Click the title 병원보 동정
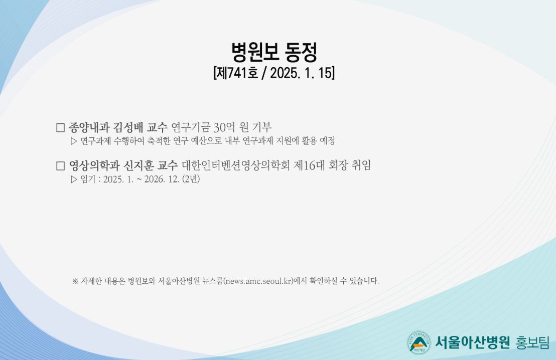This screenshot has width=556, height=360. click(x=274, y=52)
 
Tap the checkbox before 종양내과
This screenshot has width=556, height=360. click(x=61, y=127)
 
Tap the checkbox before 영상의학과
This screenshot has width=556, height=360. click(x=61, y=166)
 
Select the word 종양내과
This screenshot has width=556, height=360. click(x=89, y=127)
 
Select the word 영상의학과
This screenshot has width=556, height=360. click(x=94, y=165)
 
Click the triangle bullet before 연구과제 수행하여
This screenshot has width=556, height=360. click(x=74, y=141)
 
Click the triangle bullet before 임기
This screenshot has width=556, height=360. click(x=74, y=179)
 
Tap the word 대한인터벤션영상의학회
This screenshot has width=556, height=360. click(x=236, y=165)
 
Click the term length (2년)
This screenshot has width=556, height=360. click(x=191, y=179)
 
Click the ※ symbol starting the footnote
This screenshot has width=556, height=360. click(x=75, y=281)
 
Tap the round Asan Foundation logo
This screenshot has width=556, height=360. click(x=419, y=342)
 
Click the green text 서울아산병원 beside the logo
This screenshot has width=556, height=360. click(x=472, y=342)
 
